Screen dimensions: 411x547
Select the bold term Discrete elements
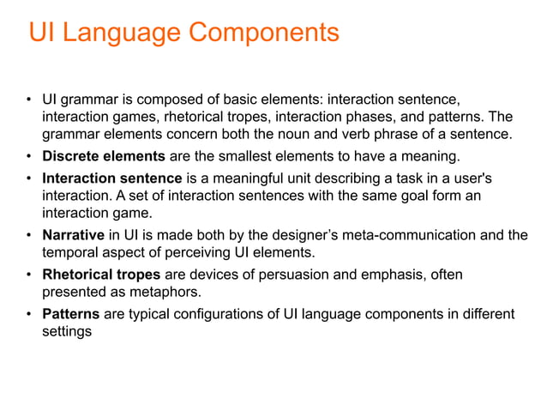point(104,156)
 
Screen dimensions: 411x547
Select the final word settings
point(67,330)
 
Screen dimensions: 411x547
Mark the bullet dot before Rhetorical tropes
point(29,275)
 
